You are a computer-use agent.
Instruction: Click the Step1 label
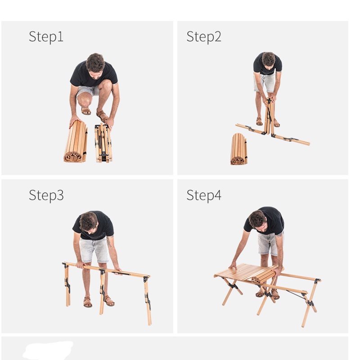[46, 37]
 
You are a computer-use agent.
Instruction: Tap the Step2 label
[204, 37]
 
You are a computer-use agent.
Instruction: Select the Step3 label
[46, 195]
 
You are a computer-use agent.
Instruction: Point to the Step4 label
[204, 195]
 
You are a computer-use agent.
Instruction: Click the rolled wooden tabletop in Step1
[76, 142]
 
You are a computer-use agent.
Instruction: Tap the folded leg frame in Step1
[103, 143]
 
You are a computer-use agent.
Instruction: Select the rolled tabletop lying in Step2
[239, 149]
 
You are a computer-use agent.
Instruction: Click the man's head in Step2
[268, 60]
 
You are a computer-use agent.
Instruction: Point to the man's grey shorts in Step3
[94, 250]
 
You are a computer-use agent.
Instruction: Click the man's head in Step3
[89, 222]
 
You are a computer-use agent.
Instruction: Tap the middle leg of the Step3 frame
[102, 292]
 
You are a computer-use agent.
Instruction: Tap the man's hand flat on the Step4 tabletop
[233, 265]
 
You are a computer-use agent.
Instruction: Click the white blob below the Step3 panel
[48, 351]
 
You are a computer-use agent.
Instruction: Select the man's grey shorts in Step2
[265, 83]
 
